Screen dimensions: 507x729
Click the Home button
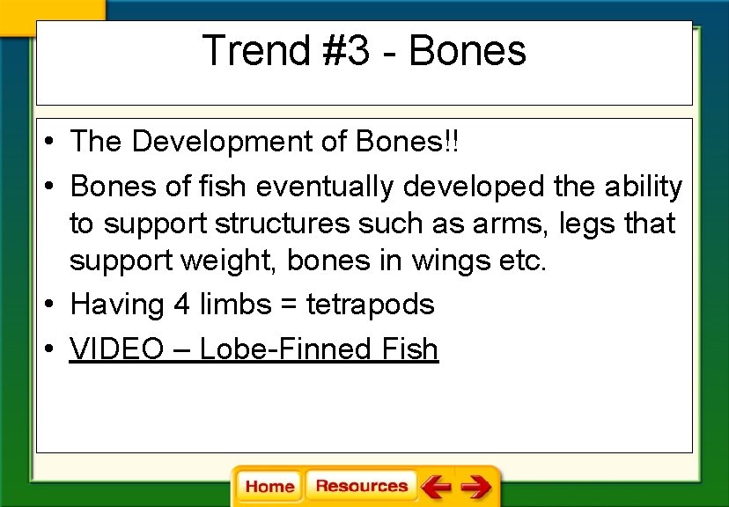point(269,487)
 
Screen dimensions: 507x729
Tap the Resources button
point(361,486)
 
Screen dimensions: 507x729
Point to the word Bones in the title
point(467,50)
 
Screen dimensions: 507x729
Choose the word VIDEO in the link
point(117,349)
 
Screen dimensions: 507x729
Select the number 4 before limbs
point(181,305)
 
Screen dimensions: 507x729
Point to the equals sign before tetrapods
point(286,305)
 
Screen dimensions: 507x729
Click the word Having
point(118,305)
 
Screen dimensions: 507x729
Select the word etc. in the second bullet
point(523,261)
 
